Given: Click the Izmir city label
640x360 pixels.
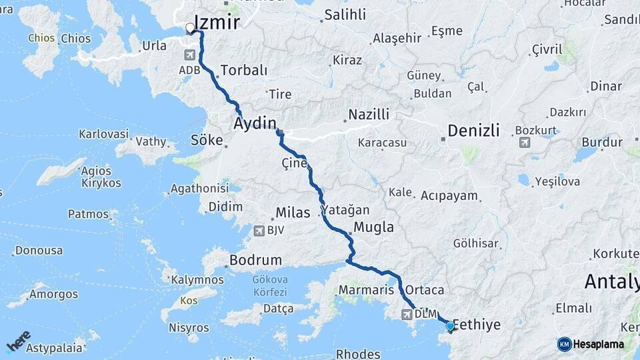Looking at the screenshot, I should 217,23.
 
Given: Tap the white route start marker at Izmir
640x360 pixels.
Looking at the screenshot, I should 190,28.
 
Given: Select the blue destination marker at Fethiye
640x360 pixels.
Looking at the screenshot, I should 451,326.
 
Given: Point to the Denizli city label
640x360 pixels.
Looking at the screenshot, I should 473,131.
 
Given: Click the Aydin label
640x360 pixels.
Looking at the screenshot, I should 255,123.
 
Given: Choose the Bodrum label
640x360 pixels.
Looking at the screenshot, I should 255,259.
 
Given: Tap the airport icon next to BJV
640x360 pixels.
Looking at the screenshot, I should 259,231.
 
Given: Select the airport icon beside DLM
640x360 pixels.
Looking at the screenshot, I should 407,314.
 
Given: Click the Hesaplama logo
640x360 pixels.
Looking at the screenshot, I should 591,344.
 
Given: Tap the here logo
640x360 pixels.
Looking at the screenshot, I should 19,341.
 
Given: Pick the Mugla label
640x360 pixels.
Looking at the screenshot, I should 373,227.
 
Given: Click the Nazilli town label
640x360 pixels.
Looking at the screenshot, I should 369,115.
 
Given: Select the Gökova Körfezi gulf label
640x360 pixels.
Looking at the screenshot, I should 270,287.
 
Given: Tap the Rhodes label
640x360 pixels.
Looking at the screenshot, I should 358,353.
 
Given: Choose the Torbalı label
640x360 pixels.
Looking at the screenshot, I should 243,70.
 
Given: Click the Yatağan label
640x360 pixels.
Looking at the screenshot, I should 345,210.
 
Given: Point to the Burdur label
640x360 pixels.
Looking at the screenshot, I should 602,142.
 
